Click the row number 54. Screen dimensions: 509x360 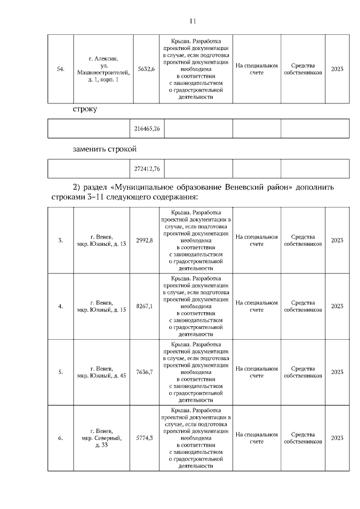click(x=61, y=69)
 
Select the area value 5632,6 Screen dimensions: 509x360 click(x=146, y=69)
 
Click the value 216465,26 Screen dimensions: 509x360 click(x=147, y=129)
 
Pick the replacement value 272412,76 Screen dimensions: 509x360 click(x=147, y=168)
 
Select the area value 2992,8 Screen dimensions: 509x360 click(x=145, y=240)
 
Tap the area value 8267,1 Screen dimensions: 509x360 click(x=145, y=306)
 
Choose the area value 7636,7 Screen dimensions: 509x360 click(x=145, y=372)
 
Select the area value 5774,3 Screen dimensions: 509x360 click(x=145, y=438)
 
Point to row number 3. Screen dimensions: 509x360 click(x=61, y=240)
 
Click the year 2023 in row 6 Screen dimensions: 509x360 click(x=337, y=438)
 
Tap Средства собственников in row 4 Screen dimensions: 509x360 click(x=303, y=306)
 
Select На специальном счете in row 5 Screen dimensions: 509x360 click(x=256, y=372)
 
